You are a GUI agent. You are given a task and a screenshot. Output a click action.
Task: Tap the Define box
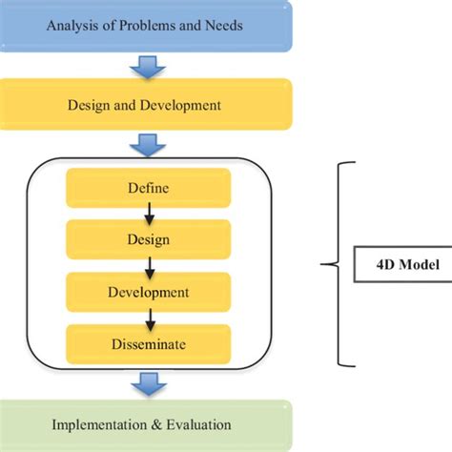148,188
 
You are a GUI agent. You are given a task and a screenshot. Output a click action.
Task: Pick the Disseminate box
148,342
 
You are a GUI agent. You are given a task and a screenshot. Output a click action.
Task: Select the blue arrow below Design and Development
148,144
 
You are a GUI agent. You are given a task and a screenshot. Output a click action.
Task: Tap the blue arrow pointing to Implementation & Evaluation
148,382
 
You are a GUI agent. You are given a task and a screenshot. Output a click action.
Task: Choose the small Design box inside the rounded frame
148,239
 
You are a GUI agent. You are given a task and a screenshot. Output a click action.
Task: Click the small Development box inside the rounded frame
148,291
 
